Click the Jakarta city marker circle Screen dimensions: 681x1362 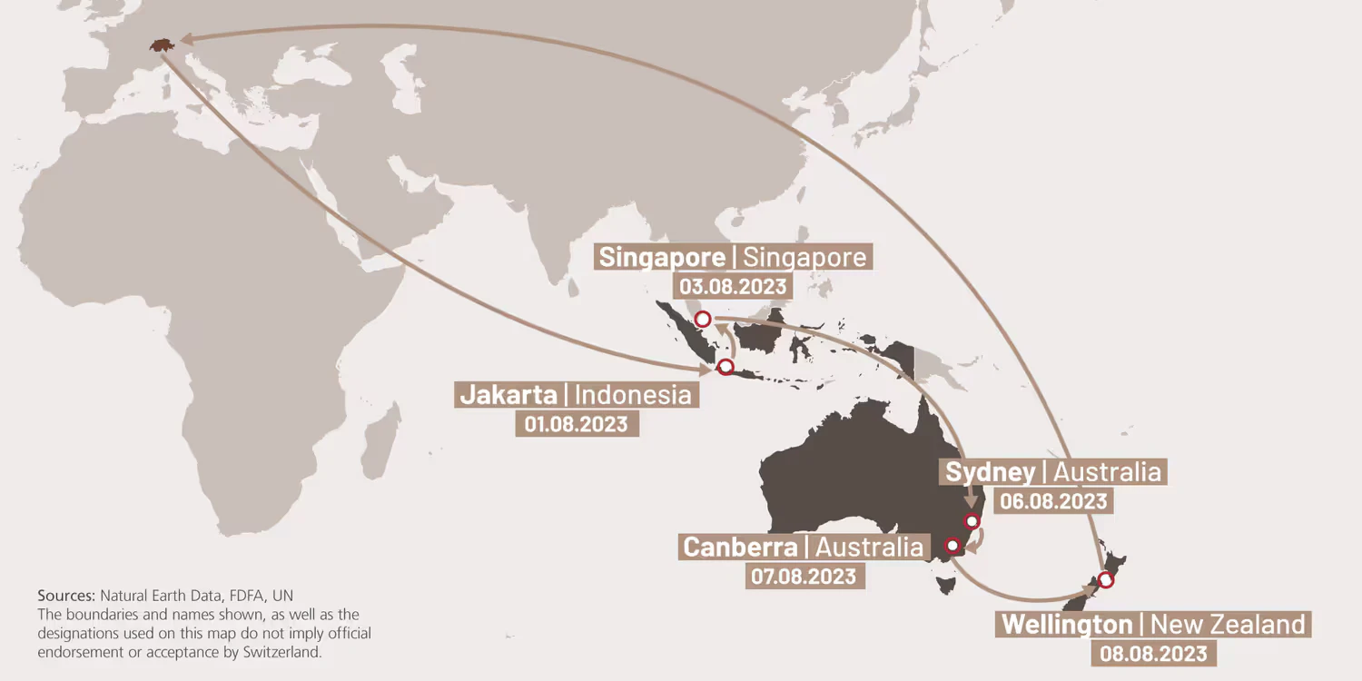[x=725, y=367]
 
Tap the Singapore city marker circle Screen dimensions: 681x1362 [x=702, y=319]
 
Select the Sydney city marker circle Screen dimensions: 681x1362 [x=972, y=521]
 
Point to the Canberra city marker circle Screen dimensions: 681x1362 [x=952, y=546]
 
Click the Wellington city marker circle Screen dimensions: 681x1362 [x=1106, y=579]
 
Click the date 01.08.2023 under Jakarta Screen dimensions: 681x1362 [x=576, y=424]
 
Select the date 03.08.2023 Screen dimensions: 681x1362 [x=734, y=286]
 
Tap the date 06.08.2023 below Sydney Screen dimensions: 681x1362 [x=1053, y=501]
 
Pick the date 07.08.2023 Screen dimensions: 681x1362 [x=803, y=576]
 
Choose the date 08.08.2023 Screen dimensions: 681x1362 [x=1154, y=653]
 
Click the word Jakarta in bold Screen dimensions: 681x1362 [x=508, y=395]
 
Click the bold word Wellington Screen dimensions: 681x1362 [x=1067, y=625]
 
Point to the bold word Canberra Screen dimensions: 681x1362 [x=740, y=548]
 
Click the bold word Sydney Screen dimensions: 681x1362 [x=990, y=472]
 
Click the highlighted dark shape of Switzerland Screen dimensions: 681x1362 [x=162, y=44]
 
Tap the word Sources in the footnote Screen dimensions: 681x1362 [x=65, y=596]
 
